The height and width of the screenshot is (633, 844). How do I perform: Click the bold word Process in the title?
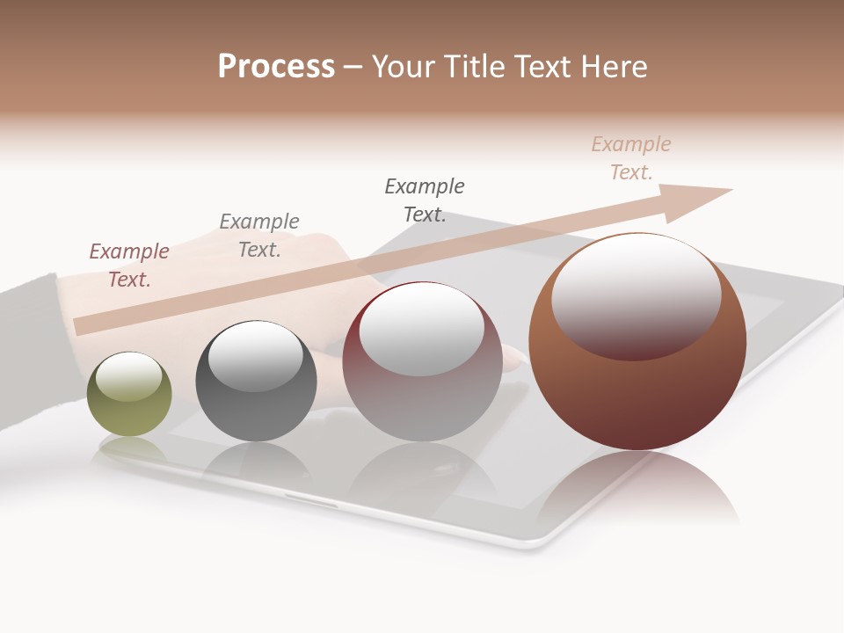coord(276,67)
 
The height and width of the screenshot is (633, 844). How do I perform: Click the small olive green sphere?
coord(129,396)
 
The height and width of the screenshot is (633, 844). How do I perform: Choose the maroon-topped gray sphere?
coord(422,362)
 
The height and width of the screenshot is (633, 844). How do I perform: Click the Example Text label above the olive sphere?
coord(129,266)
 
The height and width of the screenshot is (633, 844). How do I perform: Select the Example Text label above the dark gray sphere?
coord(259,236)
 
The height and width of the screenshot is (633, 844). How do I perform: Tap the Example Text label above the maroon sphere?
coord(425,200)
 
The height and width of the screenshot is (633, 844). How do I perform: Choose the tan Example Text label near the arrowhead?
coord(631,158)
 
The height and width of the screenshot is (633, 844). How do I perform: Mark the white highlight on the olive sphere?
coord(129,376)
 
